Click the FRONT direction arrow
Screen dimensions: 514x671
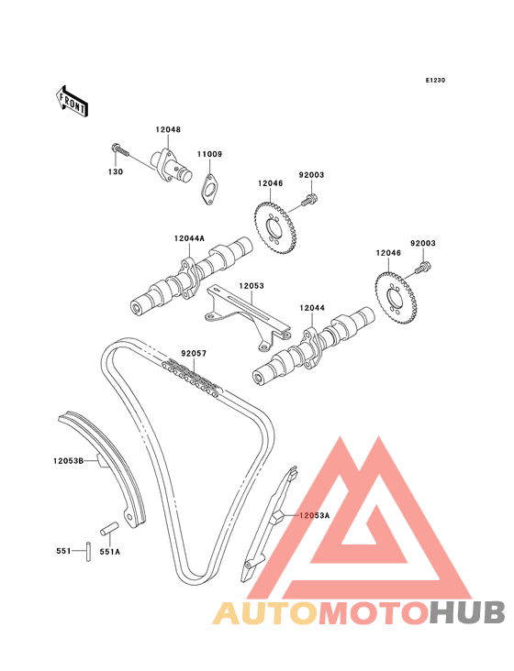[x=72, y=101]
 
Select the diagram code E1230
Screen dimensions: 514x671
[x=435, y=80]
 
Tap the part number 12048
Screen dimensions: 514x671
[x=168, y=129]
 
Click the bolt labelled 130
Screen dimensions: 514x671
[x=120, y=150]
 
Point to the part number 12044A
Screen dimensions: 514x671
[x=189, y=238]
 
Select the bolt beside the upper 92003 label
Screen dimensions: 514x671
[x=310, y=200]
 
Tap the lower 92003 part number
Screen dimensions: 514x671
[x=423, y=243]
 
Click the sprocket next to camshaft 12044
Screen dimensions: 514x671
[x=396, y=299]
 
